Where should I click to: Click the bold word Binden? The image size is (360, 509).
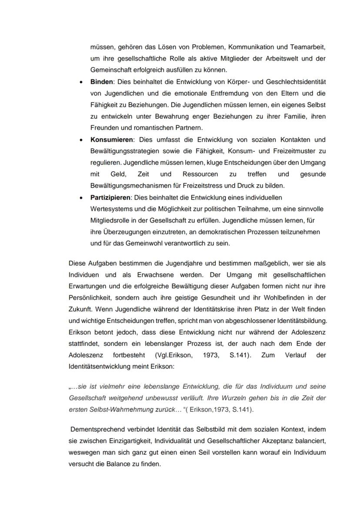(x=101, y=82)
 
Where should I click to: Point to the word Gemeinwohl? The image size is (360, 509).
(x=133, y=243)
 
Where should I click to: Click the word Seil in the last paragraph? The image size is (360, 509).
(x=196, y=452)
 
